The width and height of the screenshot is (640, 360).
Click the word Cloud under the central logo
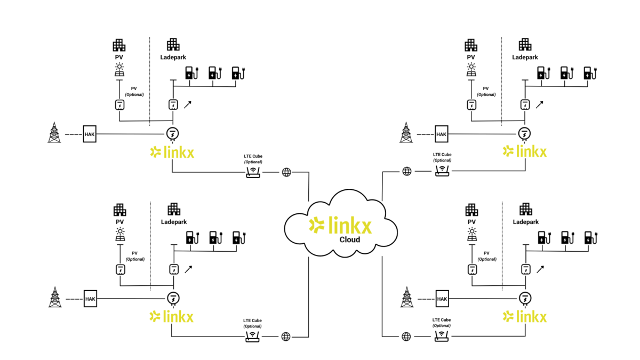pos(350,239)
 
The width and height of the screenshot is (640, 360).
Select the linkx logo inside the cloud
pos(340,226)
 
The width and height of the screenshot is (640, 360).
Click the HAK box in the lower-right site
pos(442,299)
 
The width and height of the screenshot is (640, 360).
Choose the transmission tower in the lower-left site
pos(54,297)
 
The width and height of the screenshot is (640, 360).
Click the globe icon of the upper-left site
pos(286,172)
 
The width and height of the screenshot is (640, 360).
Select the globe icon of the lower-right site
pos(407,337)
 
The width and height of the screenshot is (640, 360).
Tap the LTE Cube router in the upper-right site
pos(442,171)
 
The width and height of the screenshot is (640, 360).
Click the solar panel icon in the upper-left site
pos(119,69)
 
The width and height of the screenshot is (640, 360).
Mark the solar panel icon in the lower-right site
pos(471,234)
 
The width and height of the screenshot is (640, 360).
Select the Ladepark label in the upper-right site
pos(525,57)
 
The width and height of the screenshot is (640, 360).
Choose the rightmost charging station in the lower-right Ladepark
pos(589,237)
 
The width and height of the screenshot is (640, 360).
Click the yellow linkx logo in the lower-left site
pos(172,316)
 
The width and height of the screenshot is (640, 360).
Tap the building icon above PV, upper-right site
pos(471,45)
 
